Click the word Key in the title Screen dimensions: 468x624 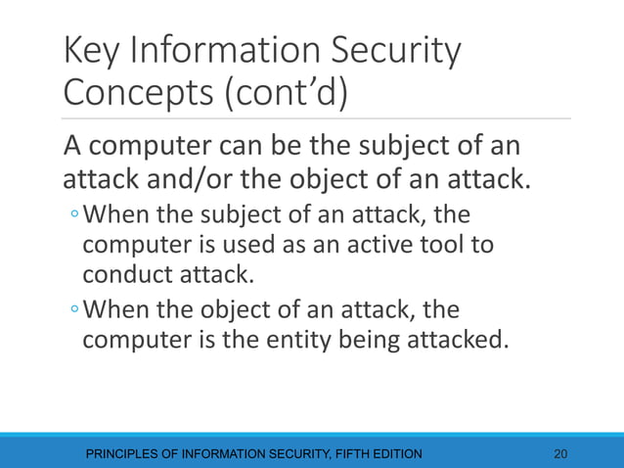(94, 52)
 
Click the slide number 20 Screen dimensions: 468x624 (560, 453)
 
